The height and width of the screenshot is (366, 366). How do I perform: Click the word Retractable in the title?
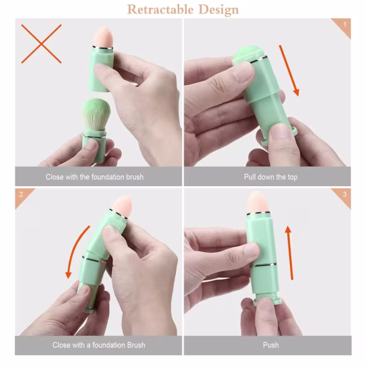click(x=160, y=10)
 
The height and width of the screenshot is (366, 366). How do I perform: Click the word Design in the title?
click(x=218, y=10)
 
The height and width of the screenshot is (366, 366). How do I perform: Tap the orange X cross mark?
click(x=41, y=44)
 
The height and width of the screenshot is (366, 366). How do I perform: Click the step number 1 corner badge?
click(x=342, y=27)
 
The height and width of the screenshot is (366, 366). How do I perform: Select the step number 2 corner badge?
click(x=23, y=197)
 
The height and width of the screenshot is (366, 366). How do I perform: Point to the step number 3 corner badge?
click(x=342, y=197)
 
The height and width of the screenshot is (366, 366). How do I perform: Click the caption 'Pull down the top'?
click(x=271, y=177)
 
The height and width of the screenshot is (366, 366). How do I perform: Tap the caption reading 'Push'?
click(x=271, y=345)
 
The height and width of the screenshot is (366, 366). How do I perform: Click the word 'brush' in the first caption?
click(x=135, y=177)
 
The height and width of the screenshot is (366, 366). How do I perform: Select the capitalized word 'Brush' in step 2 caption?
click(x=136, y=345)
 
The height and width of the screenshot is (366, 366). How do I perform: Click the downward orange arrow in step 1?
click(x=289, y=70)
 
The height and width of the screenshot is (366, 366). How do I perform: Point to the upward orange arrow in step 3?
click(x=290, y=253)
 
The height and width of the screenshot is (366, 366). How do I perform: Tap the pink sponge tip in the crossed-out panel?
click(x=103, y=38)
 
